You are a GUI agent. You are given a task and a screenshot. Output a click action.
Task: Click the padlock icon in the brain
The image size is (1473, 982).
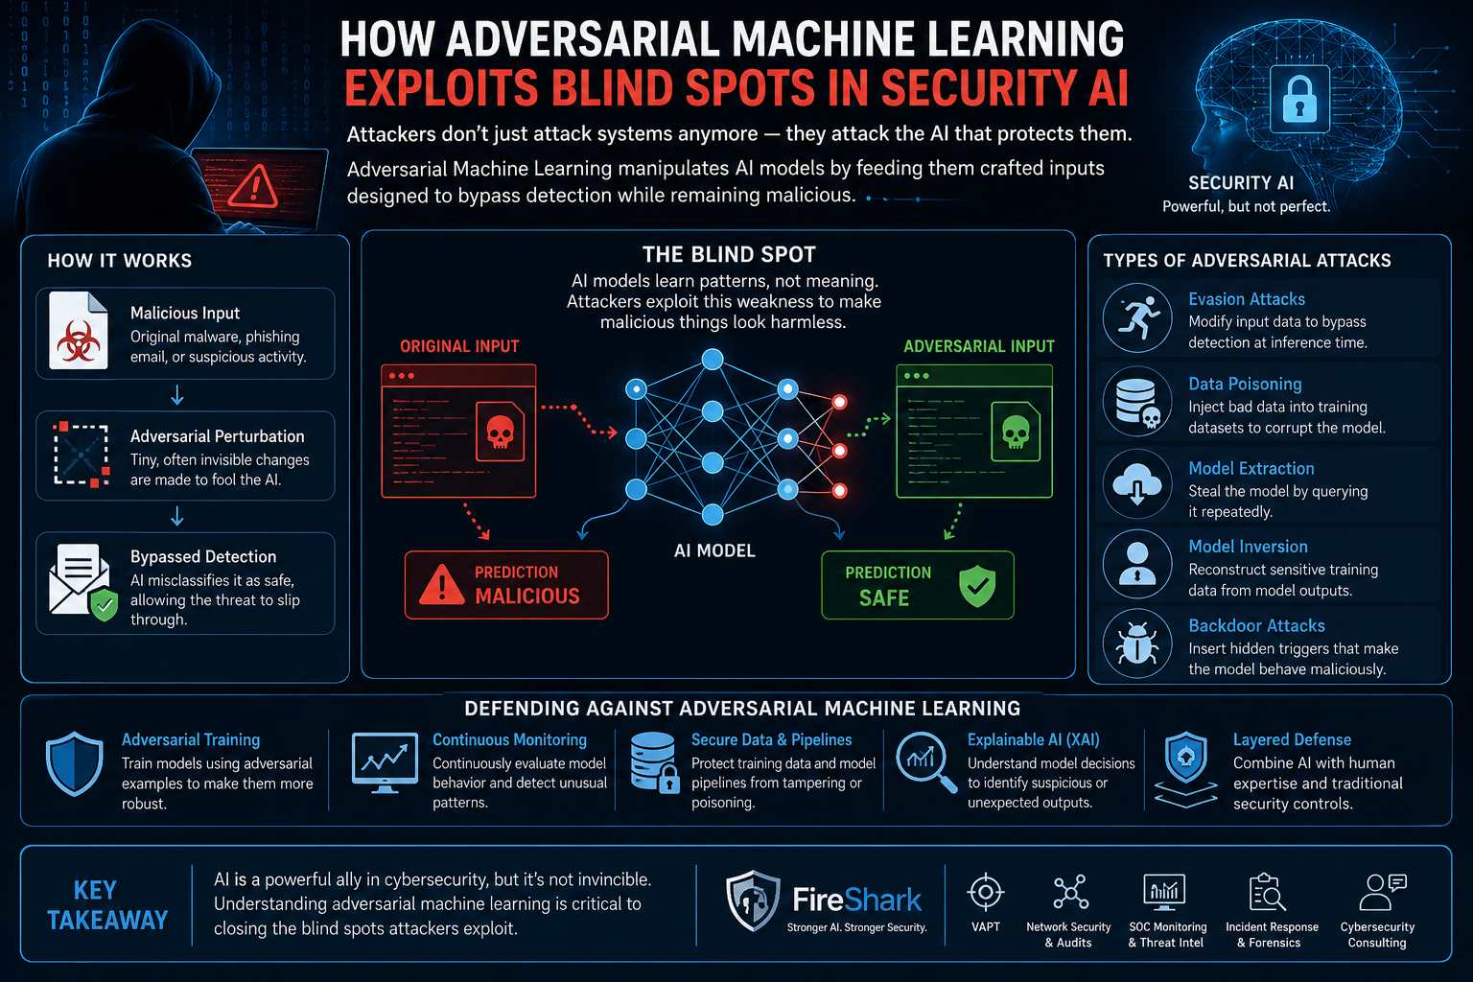coord(1299,99)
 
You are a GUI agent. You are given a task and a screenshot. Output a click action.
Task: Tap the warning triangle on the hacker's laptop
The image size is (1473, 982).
coord(254,187)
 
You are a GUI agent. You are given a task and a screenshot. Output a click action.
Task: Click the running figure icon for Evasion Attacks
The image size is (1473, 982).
coord(1137,317)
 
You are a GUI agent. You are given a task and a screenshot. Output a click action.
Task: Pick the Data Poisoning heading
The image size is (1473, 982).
coord(1245,385)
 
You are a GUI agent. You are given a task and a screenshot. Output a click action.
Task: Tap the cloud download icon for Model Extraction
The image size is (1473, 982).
coord(1137,483)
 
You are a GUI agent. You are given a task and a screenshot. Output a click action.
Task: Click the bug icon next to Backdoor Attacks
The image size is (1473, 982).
coord(1137,643)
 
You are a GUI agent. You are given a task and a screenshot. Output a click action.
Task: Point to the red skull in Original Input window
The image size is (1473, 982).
coord(500,432)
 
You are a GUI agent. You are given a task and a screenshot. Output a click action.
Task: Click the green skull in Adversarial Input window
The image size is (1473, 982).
coord(1016,432)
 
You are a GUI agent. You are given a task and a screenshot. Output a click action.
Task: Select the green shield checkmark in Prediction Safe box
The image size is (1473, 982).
coord(977,585)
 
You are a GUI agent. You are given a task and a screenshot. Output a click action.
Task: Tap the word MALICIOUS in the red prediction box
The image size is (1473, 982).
coord(527,596)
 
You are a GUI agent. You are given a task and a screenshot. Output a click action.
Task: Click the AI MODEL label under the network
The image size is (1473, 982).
coord(714,551)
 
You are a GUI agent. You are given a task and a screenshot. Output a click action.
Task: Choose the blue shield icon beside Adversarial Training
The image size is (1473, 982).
coord(74,763)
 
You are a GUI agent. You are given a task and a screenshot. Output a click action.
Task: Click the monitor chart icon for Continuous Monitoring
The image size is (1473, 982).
coord(385,763)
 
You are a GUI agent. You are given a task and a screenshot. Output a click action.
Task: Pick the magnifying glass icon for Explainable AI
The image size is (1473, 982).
coord(925,761)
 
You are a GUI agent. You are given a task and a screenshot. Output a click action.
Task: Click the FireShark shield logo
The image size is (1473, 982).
coord(753,900)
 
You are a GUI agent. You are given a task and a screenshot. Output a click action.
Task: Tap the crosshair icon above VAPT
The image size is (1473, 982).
coord(985,893)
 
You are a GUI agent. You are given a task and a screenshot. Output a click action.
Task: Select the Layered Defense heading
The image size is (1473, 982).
coord(1292,740)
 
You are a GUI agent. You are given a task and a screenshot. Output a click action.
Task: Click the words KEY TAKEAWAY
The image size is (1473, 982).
coord(107,905)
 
